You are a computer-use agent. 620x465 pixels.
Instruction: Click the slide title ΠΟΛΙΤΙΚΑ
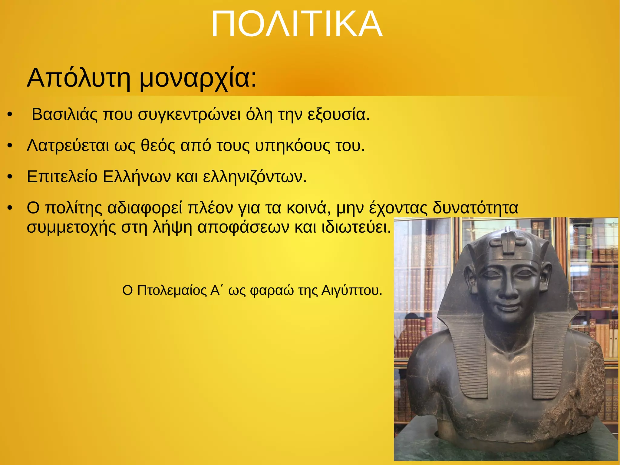click(297, 24)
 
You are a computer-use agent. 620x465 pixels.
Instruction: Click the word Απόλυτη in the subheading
click(79, 78)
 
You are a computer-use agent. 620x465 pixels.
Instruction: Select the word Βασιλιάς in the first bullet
click(65, 115)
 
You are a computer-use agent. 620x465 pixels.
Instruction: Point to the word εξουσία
click(338, 115)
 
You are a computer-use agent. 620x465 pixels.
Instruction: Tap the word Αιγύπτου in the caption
click(351, 291)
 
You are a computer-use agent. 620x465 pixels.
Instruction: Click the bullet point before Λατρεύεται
click(10, 146)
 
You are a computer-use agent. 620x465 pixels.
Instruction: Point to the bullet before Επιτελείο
click(10, 177)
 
